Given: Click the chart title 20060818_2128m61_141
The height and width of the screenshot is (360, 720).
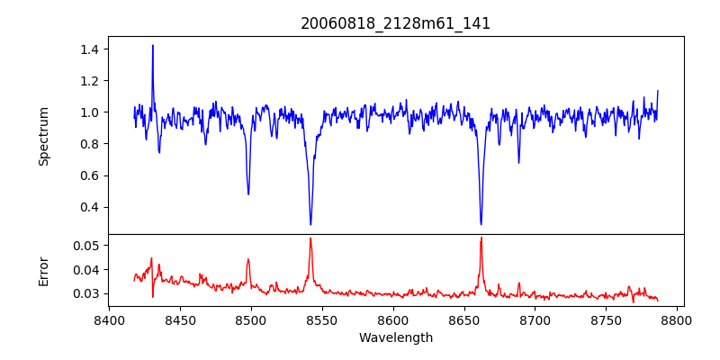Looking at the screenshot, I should coord(395,23).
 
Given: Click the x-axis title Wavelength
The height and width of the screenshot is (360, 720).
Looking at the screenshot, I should coord(395,337).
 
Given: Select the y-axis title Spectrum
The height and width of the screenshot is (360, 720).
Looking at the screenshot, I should coord(43,136).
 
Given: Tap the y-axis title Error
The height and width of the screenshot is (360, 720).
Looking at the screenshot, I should coord(43,270).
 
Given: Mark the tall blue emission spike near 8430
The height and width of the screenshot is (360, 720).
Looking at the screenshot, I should coord(153,45).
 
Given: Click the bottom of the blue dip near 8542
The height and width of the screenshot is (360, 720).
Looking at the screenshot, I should coord(310,224).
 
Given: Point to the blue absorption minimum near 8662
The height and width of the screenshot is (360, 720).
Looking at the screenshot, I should coord(481,224).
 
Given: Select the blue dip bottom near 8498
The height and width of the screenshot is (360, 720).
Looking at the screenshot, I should coord(248,193).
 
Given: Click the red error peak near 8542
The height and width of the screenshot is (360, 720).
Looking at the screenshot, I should coord(310,238).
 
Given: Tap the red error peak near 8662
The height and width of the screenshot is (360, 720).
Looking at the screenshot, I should coord(481,238).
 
